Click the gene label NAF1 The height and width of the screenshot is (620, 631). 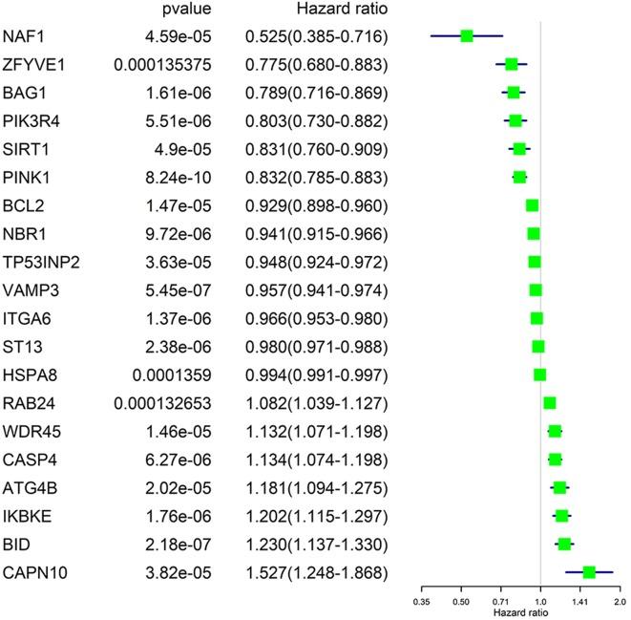23,36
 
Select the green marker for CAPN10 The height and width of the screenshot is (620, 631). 589,572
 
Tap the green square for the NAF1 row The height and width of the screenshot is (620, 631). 467,36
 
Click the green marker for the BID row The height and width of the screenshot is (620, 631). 564,544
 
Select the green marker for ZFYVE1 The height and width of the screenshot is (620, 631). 512,65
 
